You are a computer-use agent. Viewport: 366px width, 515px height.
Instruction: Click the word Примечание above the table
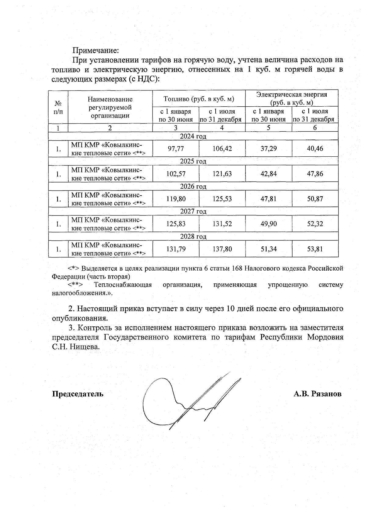95,50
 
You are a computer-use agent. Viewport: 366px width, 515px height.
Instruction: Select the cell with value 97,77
176,149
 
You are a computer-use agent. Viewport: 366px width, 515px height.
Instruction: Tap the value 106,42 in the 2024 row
222,149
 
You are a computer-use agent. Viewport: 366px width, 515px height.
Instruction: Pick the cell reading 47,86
315,174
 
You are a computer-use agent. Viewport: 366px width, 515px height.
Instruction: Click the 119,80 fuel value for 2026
176,199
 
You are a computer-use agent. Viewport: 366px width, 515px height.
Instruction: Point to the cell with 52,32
315,224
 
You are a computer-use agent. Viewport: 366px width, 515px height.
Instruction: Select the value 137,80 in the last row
222,249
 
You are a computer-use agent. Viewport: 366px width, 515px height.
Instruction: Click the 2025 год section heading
193,161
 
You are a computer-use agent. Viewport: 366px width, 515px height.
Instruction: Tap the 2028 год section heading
193,236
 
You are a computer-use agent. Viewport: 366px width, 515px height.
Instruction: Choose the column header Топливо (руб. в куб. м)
199,99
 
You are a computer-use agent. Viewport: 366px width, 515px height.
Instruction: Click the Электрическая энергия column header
292,98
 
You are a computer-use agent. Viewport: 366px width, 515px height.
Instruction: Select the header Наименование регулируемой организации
110,107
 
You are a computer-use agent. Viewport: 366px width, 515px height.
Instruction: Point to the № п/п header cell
58,107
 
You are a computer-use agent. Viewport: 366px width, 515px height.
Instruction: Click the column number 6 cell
315,128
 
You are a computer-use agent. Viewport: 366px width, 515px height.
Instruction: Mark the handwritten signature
189,399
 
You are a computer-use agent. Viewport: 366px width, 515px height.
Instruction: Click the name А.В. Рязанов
318,394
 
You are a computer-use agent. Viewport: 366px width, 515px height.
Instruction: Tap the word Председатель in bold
78,394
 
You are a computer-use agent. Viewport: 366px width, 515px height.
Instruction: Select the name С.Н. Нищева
76,347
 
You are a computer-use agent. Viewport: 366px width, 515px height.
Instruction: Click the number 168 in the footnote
238,268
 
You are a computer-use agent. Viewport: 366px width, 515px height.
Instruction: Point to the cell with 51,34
268,249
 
